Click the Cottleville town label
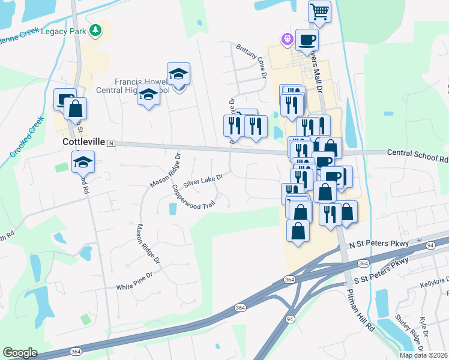[x=84, y=142]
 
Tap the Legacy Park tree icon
[x=95, y=30]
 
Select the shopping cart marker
[x=320, y=11]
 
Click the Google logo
[x=20, y=353]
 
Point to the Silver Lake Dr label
[x=203, y=179]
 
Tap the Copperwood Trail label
[x=193, y=197]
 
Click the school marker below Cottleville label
[x=83, y=161]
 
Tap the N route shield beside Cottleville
[x=111, y=143]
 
